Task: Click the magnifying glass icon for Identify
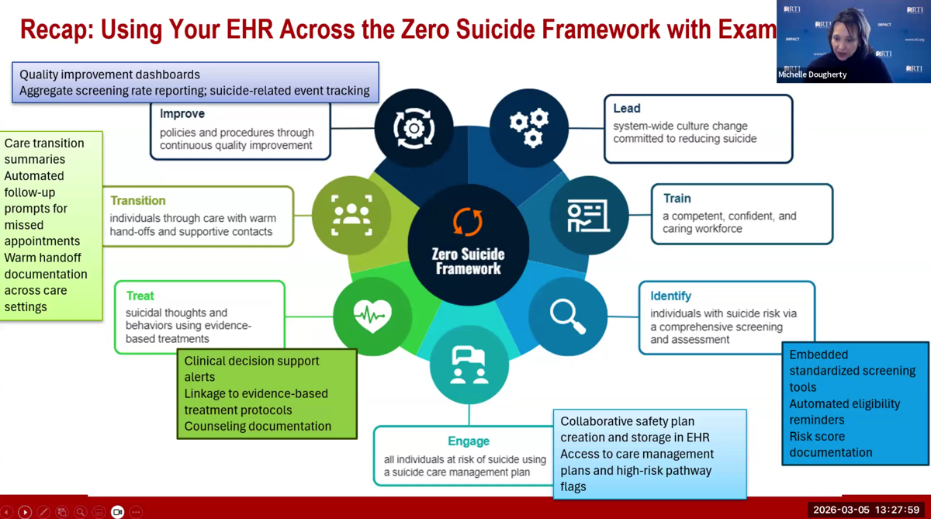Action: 568,317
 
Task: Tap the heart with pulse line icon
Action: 372,317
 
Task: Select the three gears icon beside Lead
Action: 529,128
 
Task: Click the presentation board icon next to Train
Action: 588,216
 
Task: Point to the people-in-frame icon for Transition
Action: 351,216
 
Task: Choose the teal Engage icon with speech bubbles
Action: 469,365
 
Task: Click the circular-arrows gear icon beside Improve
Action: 414,128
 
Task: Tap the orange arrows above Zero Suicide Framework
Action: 468,222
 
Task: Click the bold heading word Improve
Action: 182,114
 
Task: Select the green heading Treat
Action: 140,296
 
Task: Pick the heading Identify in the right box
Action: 670,296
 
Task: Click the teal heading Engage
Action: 469,441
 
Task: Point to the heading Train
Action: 677,199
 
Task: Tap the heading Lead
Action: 627,109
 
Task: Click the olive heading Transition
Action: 138,201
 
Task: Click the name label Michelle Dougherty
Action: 812,74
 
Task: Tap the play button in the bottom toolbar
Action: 25,512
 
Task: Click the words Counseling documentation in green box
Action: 258,426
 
